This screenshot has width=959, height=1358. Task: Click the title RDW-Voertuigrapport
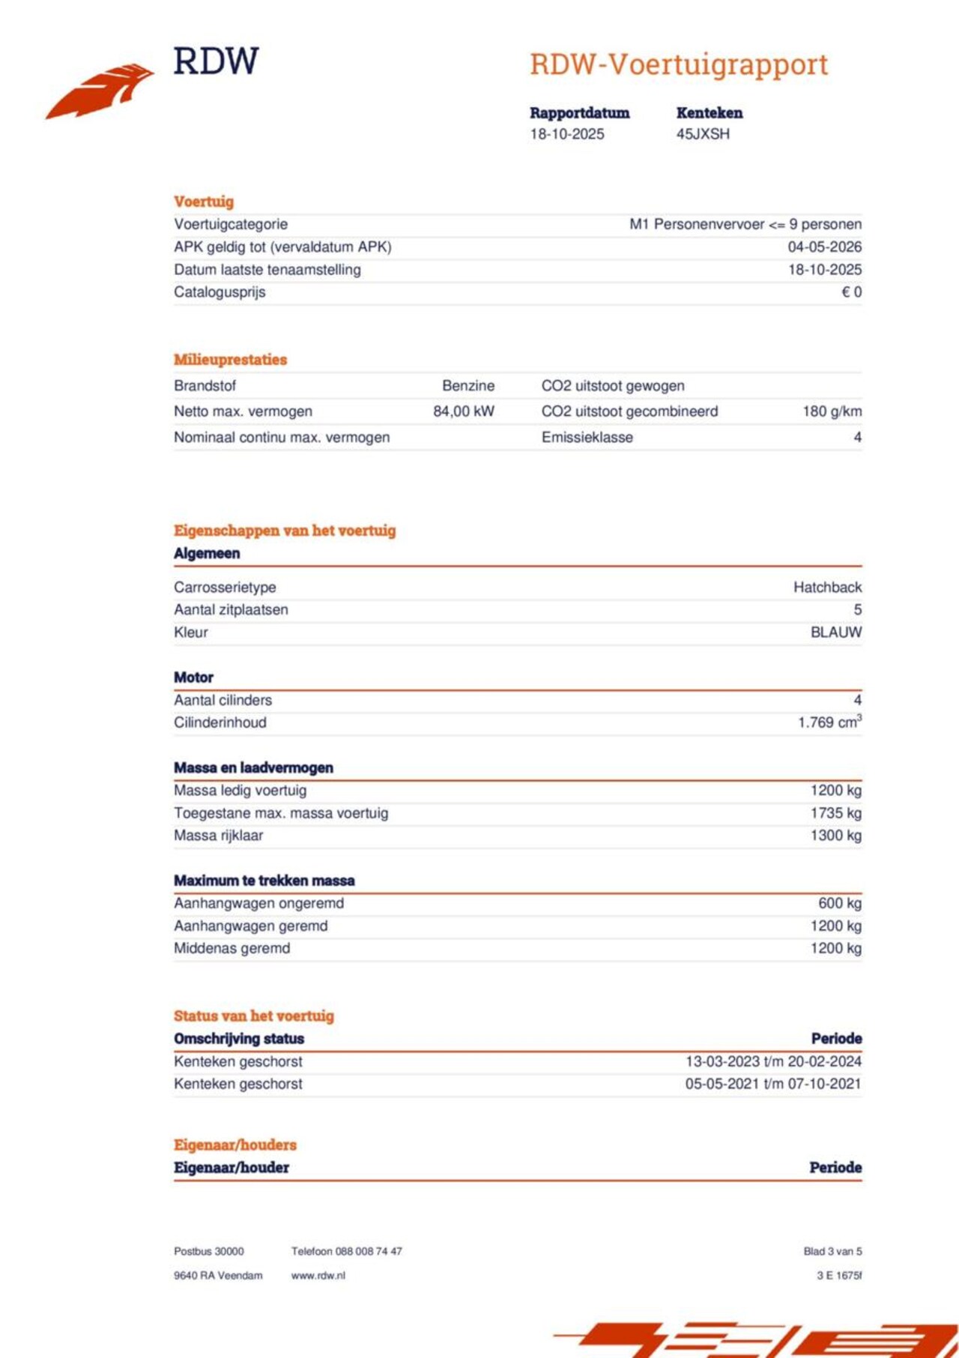678,64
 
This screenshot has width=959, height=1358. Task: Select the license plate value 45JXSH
702,134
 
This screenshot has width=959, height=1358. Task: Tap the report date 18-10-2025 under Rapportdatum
566,134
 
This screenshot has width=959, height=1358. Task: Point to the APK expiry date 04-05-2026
824,247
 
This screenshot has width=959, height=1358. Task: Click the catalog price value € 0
851,292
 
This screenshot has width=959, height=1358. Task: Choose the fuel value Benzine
468,386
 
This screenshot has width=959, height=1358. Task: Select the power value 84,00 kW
463,411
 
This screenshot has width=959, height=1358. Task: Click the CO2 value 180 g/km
832,411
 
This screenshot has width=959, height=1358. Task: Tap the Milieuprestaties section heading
230,360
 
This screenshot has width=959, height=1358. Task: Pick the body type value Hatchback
827,588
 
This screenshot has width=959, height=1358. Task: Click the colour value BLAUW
835,633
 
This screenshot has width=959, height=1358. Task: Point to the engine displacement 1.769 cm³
829,722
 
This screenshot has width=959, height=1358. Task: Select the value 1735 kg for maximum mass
835,813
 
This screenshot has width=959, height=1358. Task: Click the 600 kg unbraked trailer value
839,903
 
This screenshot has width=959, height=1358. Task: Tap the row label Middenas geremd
232,948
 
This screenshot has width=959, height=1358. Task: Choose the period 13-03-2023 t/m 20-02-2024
772,1061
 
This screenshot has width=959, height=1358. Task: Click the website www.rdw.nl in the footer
318,1276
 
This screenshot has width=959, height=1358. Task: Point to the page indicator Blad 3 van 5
832,1252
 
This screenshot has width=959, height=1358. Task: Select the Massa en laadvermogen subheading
253,767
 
